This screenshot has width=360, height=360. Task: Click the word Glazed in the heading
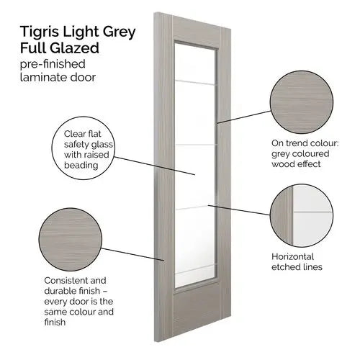coord(74,48)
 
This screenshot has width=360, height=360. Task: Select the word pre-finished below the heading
coord(53,64)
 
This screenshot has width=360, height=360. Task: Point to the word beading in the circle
coord(81,165)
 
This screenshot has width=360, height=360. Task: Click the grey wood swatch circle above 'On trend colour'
coord(302,102)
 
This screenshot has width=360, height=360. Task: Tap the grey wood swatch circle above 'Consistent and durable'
coord(71,240)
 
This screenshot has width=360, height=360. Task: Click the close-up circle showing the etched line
coord(302,215)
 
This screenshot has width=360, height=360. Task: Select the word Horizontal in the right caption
coord(292,256)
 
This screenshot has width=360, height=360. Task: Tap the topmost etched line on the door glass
coord(195,83)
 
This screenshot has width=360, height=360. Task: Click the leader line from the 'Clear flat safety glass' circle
coord(155,166)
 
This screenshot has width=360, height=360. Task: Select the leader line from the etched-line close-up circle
coord(239,210)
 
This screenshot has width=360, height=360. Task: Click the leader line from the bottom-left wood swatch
coord(132,254)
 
